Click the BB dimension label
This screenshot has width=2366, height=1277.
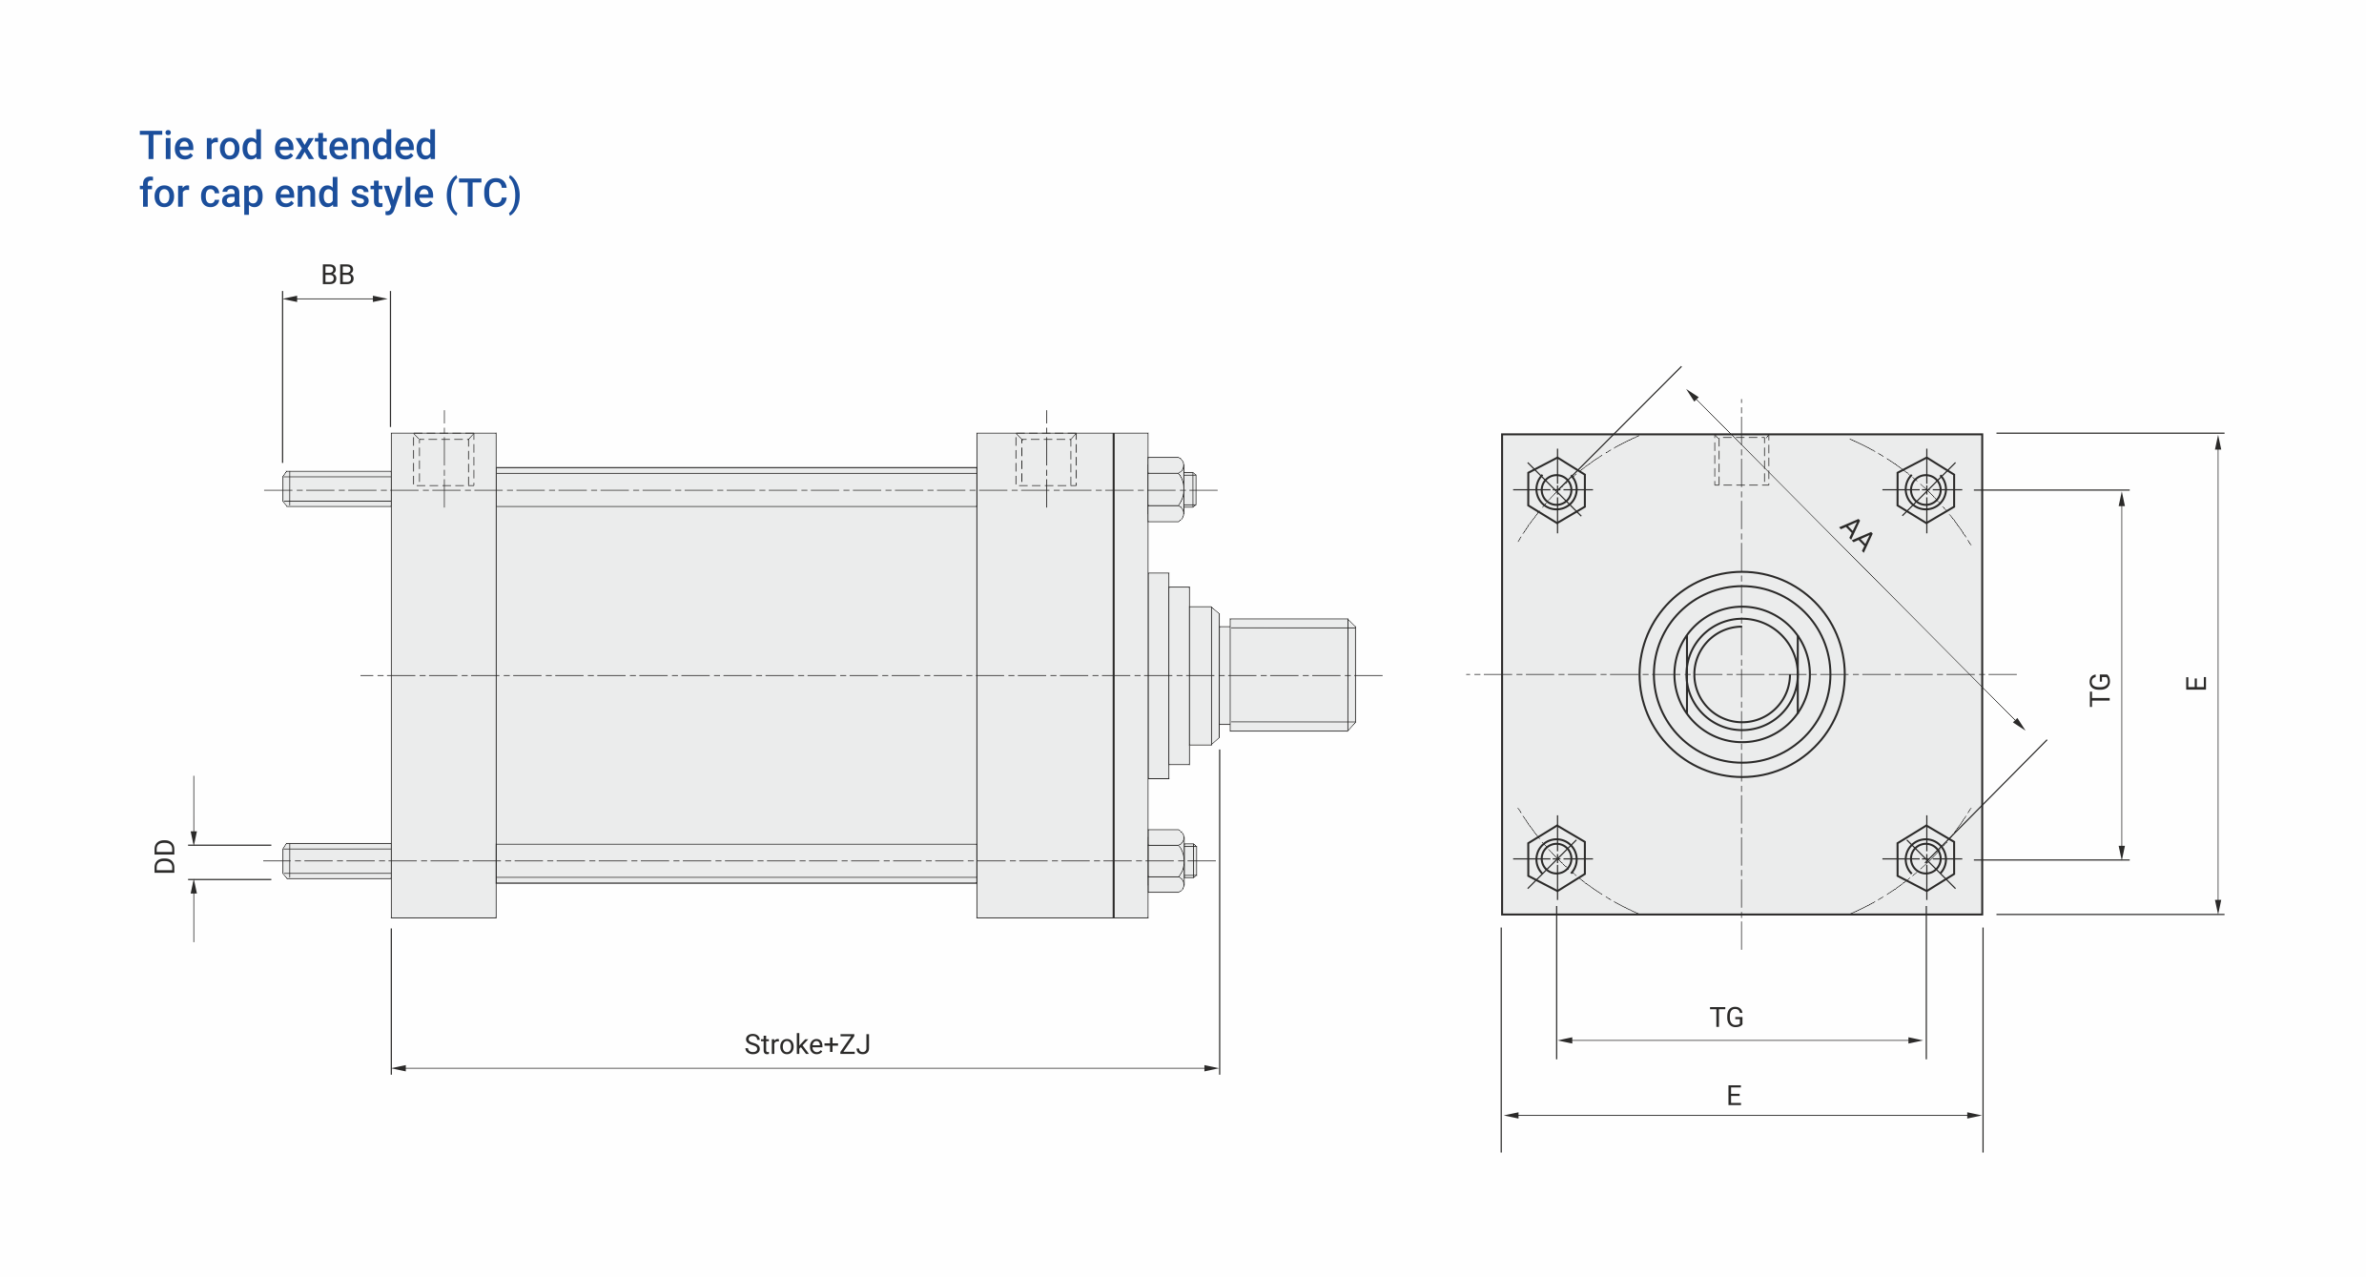[x=338, y=275]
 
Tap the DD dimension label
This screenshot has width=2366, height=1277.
[x=165, y=856]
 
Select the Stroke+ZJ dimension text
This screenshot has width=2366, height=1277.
[x=807, y=1044]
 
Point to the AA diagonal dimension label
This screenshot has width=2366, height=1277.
[x=1856, y=535]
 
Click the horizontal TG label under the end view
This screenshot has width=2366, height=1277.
[x=1726, y=1018]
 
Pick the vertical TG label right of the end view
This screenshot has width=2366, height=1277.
[x=2100, y=689]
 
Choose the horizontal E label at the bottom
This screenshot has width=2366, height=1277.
[x=1734, y=1096]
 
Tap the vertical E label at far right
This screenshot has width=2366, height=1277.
[x=2196, y=683]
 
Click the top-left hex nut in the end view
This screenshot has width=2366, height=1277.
[x=1556, y=490]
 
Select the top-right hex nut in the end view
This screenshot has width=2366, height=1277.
[x=1926, y=490]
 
